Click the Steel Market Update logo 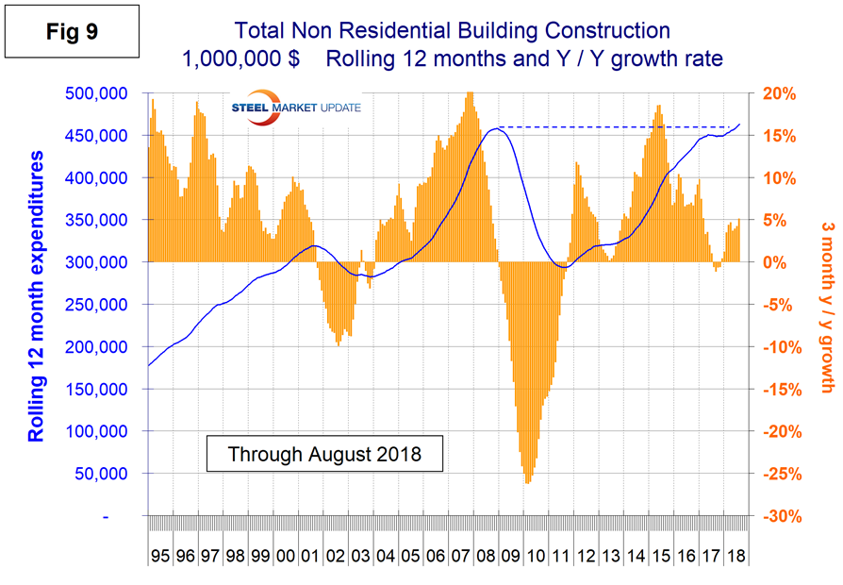click(x=295, y=108)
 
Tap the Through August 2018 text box click(x=324, y=454)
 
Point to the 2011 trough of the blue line click(x=564, y=268)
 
